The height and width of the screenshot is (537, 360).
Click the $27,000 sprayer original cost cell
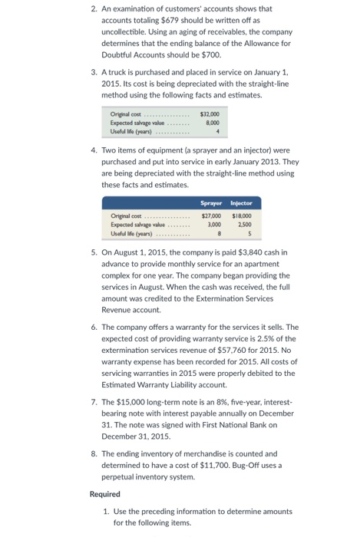pos(211,216)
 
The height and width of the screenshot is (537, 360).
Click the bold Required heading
pos(105,495)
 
